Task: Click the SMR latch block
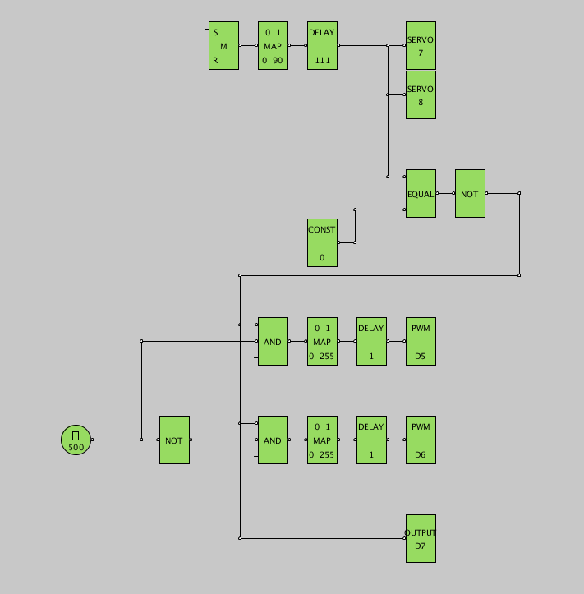pos(223,46)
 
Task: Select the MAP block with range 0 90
pos(273,46)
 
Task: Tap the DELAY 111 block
pos(322,46)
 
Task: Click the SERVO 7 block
pos(421,46)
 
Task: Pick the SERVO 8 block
pos(421,95)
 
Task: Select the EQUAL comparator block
pos(421,194)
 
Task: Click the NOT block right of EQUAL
pos(470,194)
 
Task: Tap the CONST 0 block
pos(322,243)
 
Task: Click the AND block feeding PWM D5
pos(273,342)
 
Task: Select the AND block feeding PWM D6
pos(273,440)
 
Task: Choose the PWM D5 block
pos(421,342)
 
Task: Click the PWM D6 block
pos(421,440)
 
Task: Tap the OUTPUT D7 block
pos(421,539)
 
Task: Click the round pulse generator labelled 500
pos(76,440)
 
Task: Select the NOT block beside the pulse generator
pos(174,440)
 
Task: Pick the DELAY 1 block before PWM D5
pos(371,342)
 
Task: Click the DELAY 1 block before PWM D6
pos(371,440)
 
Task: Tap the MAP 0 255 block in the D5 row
pos(322,342)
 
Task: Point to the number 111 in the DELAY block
pos(322,61)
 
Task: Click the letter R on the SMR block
pos(215,61)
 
